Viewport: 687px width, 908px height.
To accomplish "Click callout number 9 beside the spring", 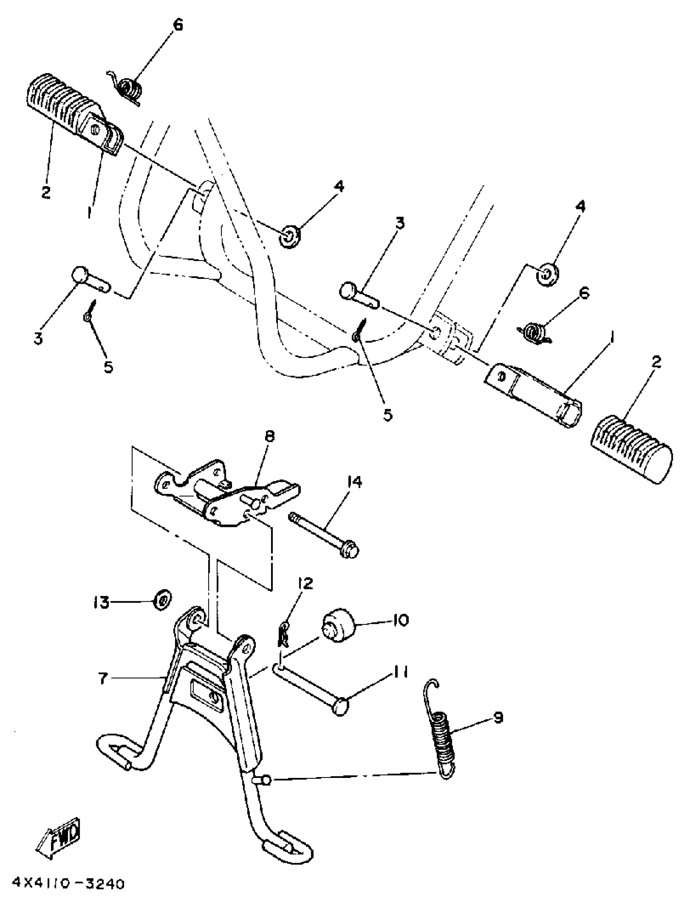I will tap(497, 718).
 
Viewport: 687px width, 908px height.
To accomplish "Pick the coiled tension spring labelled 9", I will tap(440, 732).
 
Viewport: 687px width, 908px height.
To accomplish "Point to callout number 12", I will tap(306, 583).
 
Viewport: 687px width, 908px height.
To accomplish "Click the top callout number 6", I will tap(177, 25).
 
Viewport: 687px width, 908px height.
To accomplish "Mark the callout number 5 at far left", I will tap(108, 367).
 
